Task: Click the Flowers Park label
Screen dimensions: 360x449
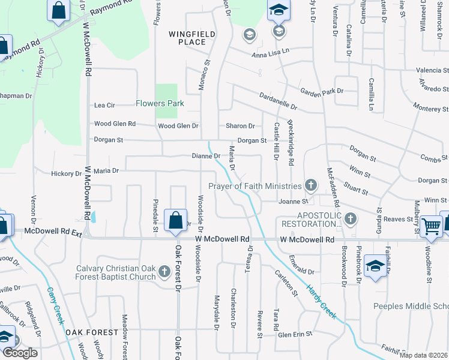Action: [159, 103]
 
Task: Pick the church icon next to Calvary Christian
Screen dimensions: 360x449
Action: [164, 273]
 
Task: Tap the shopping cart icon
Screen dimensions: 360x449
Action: [431, 226]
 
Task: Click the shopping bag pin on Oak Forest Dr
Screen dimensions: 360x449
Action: [175, 220]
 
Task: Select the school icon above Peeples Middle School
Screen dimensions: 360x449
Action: [375, 265]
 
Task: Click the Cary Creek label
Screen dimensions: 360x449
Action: [55, 306]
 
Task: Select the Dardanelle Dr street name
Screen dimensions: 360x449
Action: [278, 100]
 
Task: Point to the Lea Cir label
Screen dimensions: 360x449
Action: [104, 106]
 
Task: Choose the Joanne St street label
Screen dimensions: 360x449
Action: [293, 202]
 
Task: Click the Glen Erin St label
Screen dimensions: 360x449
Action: [295, 334]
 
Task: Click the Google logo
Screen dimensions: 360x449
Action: [19, 353]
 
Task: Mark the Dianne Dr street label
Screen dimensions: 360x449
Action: [206, 156]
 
